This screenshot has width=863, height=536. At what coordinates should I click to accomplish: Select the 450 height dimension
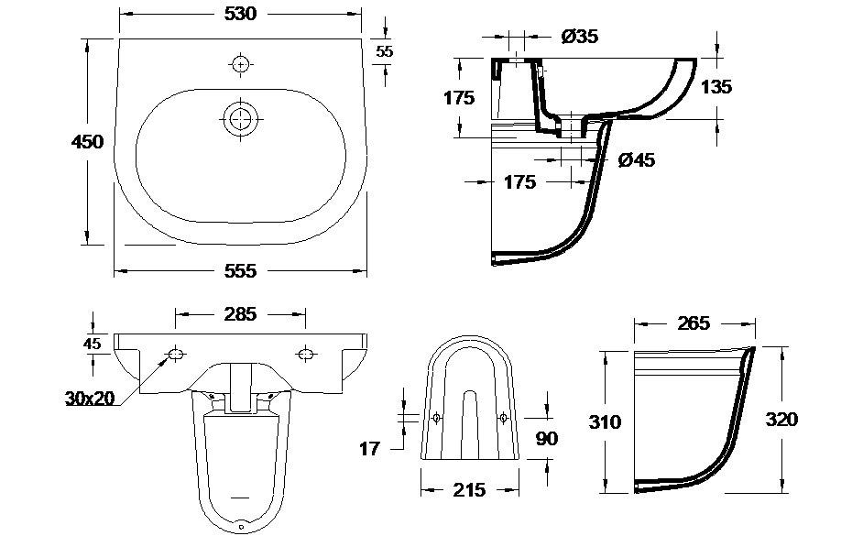(88, 141)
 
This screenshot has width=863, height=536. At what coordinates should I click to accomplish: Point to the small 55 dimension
(384, 51)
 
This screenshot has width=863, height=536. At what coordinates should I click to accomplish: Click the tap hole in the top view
(239, 64)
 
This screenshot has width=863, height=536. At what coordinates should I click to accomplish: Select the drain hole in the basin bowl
(240, 118)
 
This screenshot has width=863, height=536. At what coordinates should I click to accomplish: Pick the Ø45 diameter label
(636, 159)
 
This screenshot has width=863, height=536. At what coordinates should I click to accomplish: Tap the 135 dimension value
(716, 87)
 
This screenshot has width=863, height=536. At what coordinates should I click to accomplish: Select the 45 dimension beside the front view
(92, 344)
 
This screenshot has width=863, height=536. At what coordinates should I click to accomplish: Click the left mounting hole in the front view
(176, 354)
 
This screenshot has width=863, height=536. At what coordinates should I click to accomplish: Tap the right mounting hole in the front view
(304, 354)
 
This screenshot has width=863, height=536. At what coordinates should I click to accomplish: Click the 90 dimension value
(546, 439)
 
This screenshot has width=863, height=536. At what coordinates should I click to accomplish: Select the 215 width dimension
(469, 489)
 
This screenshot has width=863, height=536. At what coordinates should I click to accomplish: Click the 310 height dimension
(605, 421)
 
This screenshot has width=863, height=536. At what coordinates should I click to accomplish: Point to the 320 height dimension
(781, 420)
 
